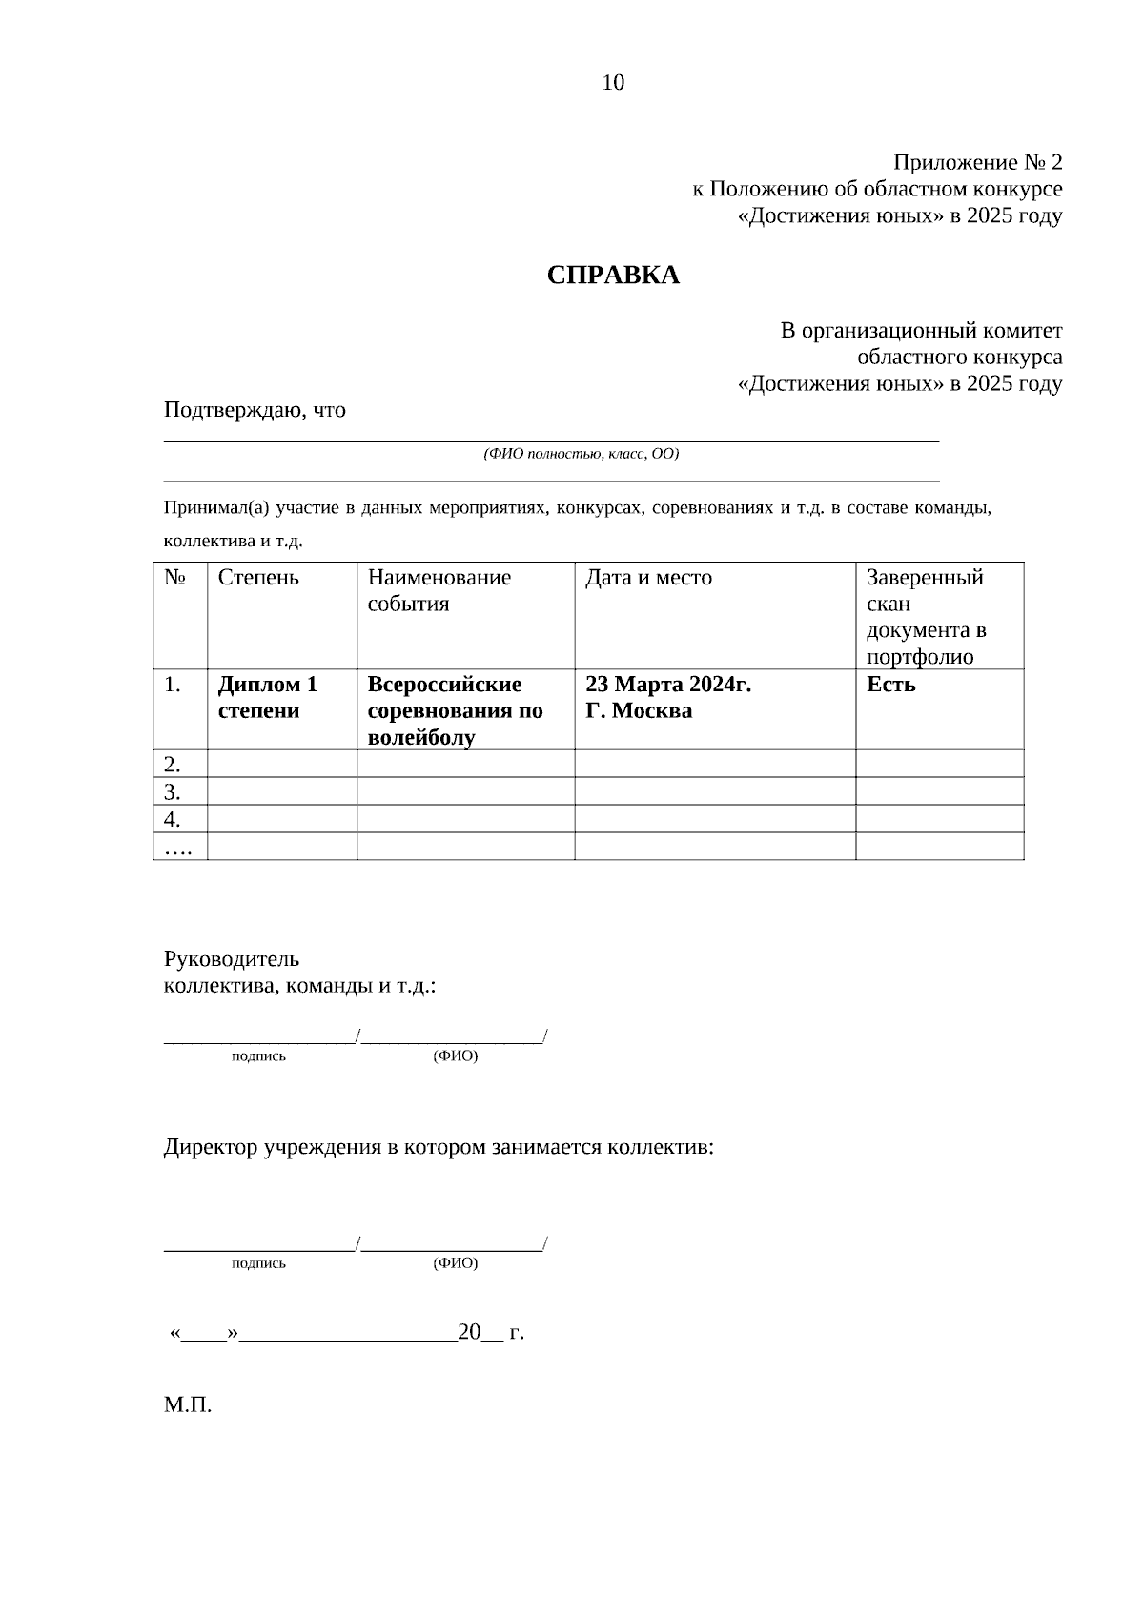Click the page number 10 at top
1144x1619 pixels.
pos(613,83)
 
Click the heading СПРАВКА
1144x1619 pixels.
pos(613,276)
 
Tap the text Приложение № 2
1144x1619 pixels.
pos(977,162)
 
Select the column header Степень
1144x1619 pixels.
pos(258,577)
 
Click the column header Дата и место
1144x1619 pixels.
pos(648,577)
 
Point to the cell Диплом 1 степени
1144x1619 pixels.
pos(268,697)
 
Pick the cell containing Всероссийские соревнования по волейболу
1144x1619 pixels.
pos(456,710)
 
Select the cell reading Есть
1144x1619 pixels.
pos(891,685)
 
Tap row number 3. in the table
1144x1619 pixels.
pos(173,791)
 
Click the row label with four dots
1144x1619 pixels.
pos(178,847)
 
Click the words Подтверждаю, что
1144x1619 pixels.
pos(255,410)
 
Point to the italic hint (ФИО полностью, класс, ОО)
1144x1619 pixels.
pos(581,454)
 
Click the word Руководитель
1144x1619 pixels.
pos(232,958)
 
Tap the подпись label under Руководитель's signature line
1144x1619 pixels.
pos(258,1056)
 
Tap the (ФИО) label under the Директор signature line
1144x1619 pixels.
pos(455,1263)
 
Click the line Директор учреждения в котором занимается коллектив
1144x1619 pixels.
pos(439,1147)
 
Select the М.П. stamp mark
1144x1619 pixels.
pos(188,1405)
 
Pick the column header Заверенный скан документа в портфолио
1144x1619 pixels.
pos(926,616)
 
